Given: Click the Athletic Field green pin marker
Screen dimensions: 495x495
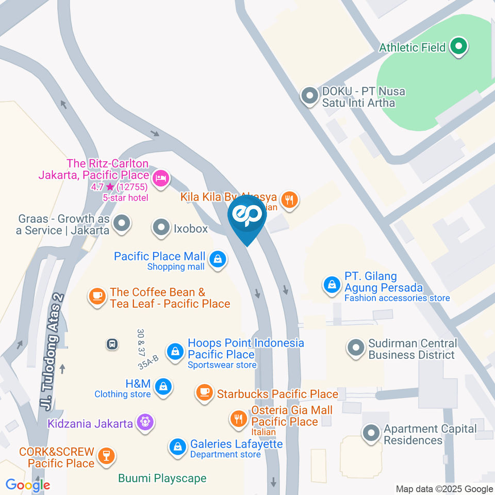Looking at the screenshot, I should [x=458, y=47].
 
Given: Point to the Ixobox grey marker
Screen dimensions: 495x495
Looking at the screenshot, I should [x=161, y=227].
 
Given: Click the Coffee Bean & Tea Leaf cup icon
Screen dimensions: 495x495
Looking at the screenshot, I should [x=96, y=296].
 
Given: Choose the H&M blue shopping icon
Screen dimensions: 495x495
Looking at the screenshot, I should [x=163, y=386].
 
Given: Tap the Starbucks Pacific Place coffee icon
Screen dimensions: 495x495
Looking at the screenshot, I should [x=204, y=393].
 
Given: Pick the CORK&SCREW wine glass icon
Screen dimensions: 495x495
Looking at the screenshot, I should [x=107, y=455].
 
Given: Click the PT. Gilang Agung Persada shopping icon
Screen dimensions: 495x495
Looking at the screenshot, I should [x=331, y=284].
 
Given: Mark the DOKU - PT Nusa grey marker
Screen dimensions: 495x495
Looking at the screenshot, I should [x=309, y=96].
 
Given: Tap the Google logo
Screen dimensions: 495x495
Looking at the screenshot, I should [x=28, y=485].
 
